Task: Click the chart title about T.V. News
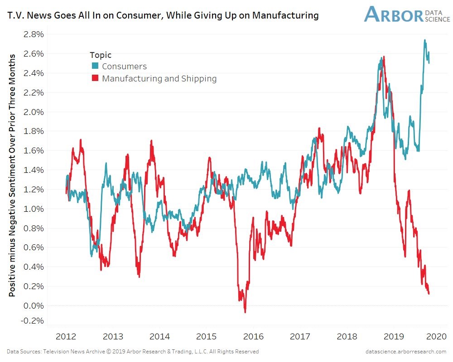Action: [163, 15]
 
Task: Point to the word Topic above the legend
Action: [101, 55]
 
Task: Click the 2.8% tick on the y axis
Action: [34, 34]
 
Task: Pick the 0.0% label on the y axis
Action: [34, 305]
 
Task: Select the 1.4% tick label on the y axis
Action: [34, 170]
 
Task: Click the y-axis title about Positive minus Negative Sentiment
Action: [12, 176]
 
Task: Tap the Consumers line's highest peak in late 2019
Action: [424, 40]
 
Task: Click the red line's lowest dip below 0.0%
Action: [245, 312]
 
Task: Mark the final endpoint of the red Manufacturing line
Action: [429, 293]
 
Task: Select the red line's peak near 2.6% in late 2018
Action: [384, 57]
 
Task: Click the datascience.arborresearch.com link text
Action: [405, 352]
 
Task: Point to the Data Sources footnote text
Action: [133, 352]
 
